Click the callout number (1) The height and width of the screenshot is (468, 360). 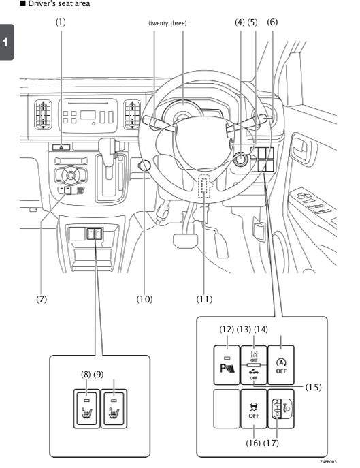point(61,22)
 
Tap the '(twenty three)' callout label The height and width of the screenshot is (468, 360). point(167,23)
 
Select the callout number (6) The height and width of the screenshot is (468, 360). point(272,22)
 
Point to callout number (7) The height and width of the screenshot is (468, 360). point(42,299)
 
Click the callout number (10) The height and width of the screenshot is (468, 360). point(144,299)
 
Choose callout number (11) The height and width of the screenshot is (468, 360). point(204,299)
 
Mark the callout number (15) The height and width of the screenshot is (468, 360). point(313,387)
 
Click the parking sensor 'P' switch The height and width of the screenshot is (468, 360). point(227,365)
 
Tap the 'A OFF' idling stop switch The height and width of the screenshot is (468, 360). point(281,365)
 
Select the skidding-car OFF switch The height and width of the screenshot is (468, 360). point(254,409)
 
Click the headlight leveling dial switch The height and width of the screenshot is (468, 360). point(281,409)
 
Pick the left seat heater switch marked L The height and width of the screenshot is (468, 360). point(86,409)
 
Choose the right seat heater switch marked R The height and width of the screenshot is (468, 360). point(114,409)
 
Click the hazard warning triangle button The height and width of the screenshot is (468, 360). point(61,147)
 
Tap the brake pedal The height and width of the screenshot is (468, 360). point(185,240)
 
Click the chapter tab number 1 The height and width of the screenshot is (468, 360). point(5,42)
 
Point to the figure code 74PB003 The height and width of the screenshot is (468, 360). point(329,462)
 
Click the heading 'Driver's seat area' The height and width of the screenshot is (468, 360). point(59,4)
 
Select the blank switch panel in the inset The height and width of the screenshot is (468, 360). point(227,409)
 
